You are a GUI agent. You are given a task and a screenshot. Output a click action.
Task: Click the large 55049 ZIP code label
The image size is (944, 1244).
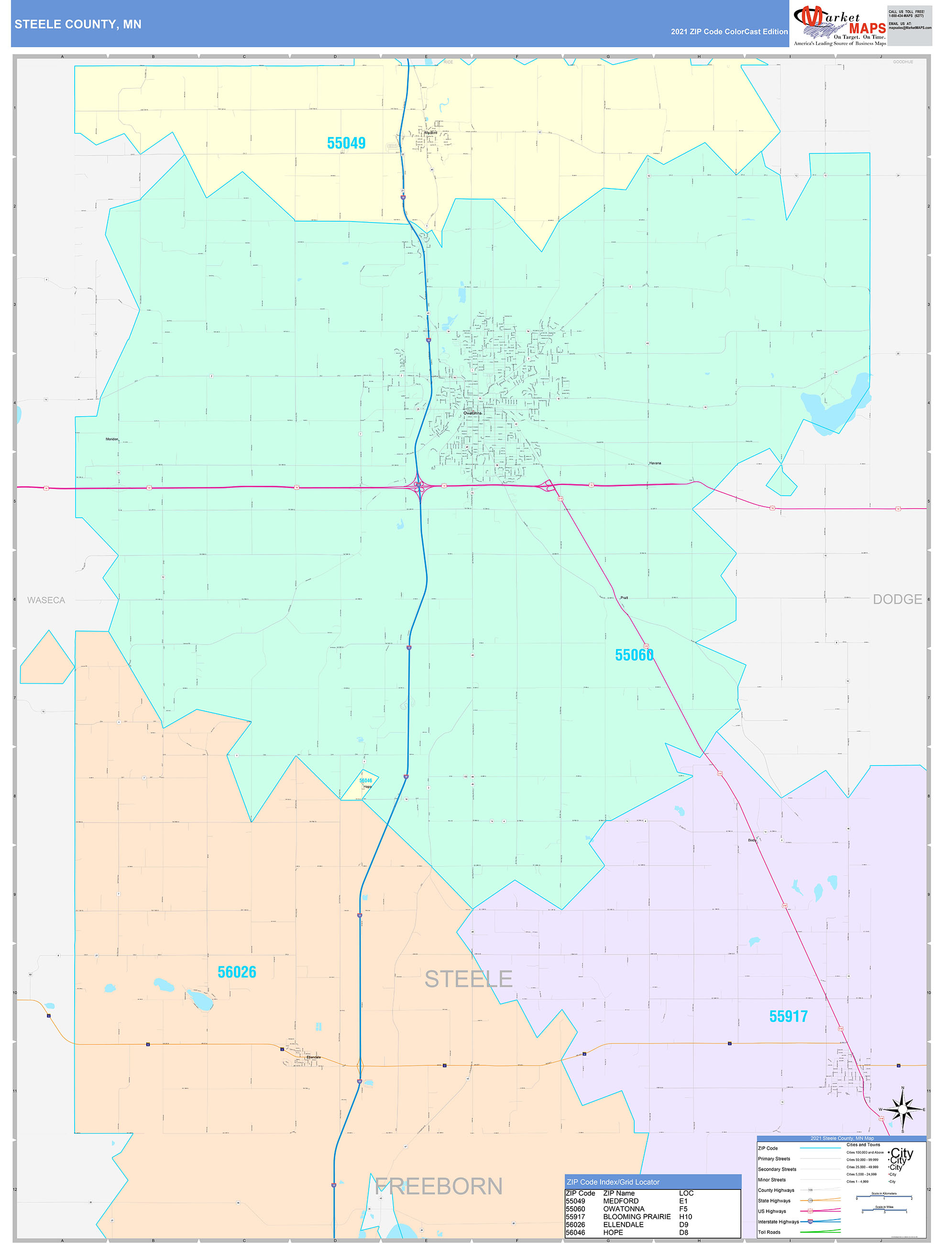pos(346,144)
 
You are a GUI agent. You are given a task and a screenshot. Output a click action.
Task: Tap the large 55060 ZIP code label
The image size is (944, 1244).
pos(634,655)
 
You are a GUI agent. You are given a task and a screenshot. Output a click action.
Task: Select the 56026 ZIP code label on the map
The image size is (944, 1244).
pos(237,972)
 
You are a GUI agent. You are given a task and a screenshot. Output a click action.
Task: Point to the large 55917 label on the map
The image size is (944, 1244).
pos(788,1017)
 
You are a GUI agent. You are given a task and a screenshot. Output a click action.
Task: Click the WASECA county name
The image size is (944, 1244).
pos(46,600)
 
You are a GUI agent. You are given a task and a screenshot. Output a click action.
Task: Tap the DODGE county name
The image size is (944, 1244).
pos(897,600)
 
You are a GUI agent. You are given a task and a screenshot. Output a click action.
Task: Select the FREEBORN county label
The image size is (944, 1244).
pos(439,1187)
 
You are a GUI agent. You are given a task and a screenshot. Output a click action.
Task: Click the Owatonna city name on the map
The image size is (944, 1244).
pos(472,413)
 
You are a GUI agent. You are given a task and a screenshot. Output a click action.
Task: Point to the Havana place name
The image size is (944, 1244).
pos(655,464)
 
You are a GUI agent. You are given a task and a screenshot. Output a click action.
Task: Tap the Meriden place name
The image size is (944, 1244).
pos(112,439)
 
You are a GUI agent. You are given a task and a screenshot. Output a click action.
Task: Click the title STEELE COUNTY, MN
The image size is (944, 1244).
pos(78,24)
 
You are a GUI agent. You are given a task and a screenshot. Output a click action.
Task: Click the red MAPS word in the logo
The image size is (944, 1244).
pos(867,28)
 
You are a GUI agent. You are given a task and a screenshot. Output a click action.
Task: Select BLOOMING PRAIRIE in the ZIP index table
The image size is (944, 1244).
pos(637,1216)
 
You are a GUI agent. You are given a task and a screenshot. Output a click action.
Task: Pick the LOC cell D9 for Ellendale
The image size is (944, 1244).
pos(684,1224)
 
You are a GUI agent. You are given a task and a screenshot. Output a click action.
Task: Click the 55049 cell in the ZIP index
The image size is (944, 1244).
pos(575,1200)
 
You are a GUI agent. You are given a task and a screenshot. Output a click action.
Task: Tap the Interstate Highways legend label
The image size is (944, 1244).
pos(778,1222)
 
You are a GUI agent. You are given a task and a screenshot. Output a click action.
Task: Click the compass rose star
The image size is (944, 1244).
pos(902,1110)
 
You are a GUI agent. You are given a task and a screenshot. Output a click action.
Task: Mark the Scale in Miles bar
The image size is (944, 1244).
pos(884,1210)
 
